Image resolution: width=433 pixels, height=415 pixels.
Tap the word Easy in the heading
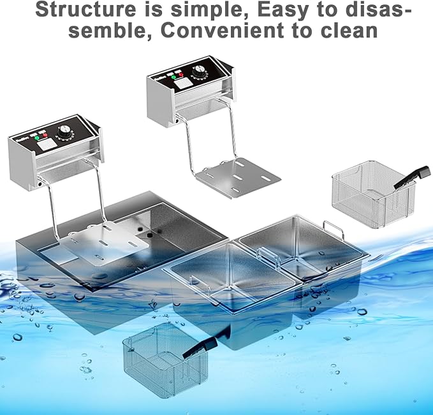(x=283, y=10)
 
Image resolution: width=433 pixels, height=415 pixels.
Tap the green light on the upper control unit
(x=173, y=76)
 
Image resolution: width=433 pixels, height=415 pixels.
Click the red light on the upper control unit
(x=181, y=75)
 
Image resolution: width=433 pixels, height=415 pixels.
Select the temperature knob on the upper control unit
(x=198, y=70)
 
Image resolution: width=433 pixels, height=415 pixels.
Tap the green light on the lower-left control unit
(x=37, y=138)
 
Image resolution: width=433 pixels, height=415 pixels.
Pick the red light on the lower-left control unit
(x=45, y=135)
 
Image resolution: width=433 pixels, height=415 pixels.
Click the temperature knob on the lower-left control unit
(x=64, y=131)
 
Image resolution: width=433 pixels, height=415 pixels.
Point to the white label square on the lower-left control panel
(x=45, y=144)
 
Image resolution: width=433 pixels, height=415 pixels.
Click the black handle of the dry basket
(x=413, y=177)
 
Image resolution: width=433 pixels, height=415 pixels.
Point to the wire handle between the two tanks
(x=268, y=256)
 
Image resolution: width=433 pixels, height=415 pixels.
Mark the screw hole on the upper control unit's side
(x=176, y=120)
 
